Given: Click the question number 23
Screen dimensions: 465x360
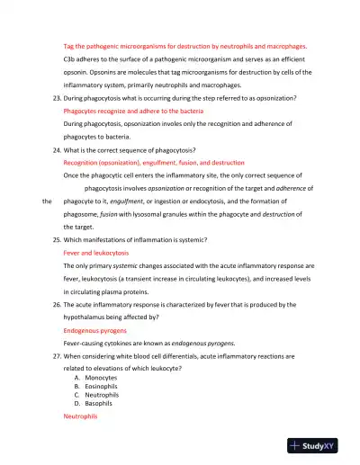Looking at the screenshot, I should point(56,96).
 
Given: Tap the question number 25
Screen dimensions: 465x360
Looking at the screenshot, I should point(56,241).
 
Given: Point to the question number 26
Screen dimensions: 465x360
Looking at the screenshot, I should point(56,305).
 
